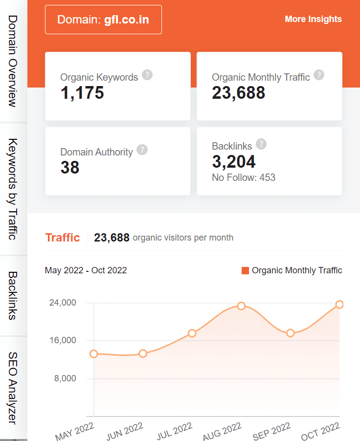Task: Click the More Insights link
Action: tap(313, 19)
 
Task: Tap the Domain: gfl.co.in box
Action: tap(103, 20)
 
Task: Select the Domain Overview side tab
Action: tap(13, 61)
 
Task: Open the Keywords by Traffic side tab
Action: tap(13, 189)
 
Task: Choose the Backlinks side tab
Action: tap(13, 295)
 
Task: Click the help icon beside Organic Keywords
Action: tap(147, 75)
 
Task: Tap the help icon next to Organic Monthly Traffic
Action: tap(319, 75)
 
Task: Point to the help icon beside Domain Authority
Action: tap(142, 150)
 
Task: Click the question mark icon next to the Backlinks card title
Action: tap(261, 144)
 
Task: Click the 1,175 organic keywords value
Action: tap(82, 92)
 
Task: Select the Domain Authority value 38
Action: tap(70, 168)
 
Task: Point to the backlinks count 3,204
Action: tap(234, 161)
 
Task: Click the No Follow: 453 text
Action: tap(244, 177)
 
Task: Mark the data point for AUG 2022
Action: tap(241, 306)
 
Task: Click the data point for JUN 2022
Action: tap(143, 353)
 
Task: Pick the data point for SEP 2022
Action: tap(291, 333)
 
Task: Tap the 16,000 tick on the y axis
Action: tap(62, 340)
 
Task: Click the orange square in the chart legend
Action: tap(246, 270)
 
